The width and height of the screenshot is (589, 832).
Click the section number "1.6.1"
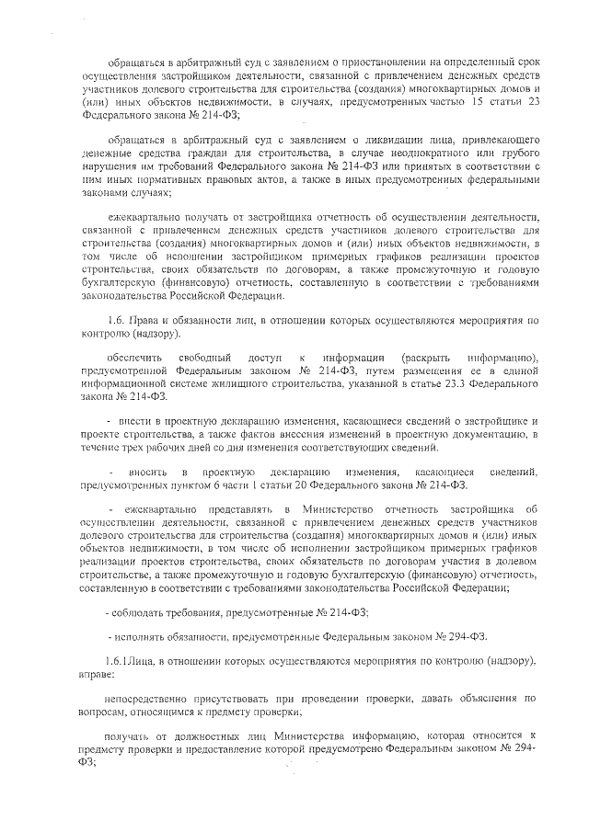(121, 661)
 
